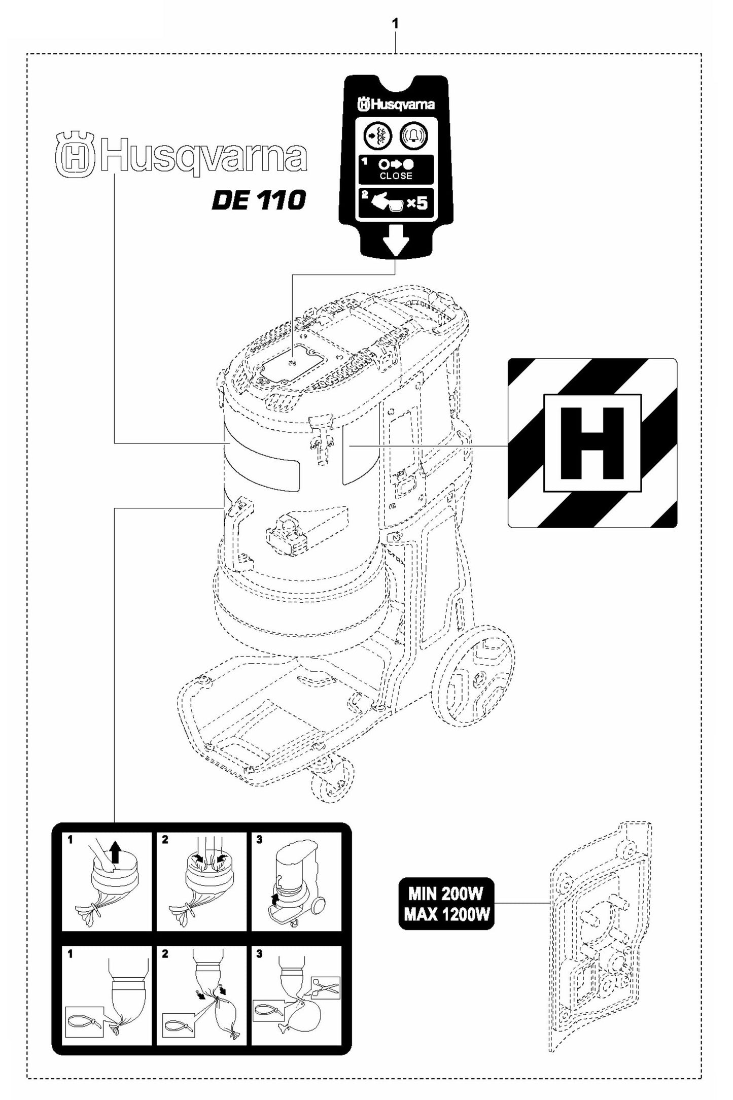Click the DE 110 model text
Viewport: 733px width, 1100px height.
tap(259, 201)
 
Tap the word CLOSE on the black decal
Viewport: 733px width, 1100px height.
tap(396, 176)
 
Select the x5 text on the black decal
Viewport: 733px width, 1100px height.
tap(417, 204)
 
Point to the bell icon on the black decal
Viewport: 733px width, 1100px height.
tap(414, 136)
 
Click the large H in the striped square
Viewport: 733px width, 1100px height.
tap(592, 442)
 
